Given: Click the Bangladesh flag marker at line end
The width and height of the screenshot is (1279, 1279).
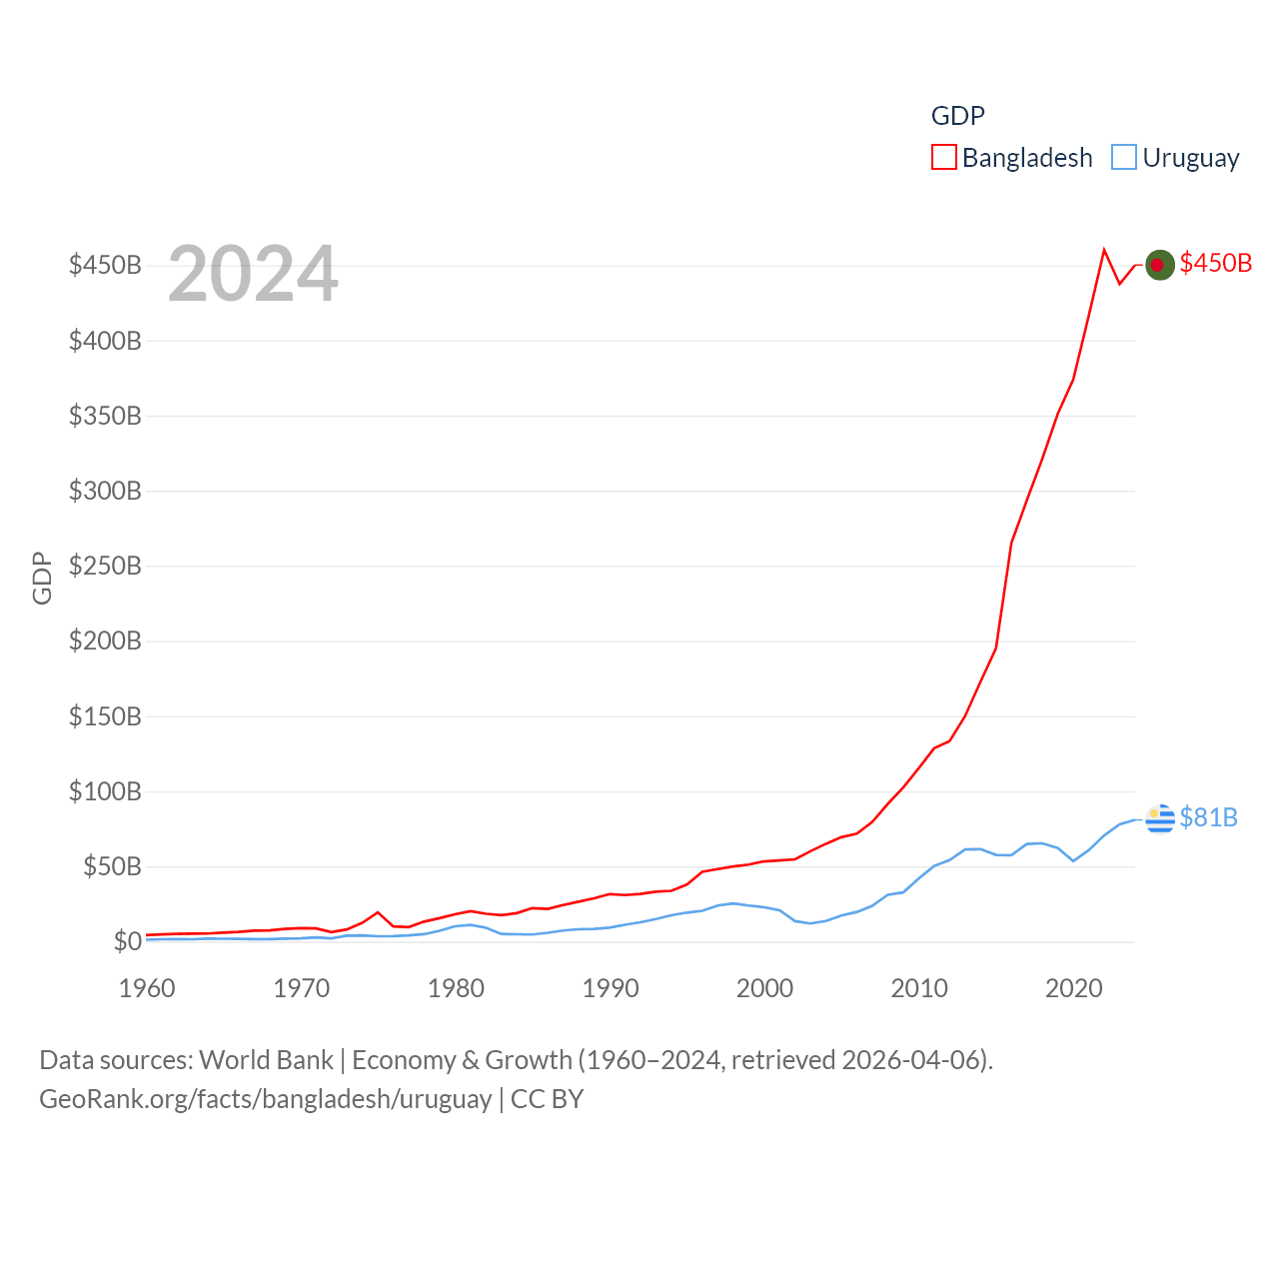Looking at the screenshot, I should coord(1159,265).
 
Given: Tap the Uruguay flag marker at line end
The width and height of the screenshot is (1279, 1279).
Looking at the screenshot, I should coord(1160,818).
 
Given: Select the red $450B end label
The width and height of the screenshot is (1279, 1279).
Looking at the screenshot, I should coord(1215,263).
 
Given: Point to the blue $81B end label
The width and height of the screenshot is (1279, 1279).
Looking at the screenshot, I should coord(1208,817).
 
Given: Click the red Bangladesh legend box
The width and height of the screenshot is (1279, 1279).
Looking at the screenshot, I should coord(944,158).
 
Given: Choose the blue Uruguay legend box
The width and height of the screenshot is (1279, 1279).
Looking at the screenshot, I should coord(1124,158).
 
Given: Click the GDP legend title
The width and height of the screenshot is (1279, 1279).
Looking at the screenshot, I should coord(957,116).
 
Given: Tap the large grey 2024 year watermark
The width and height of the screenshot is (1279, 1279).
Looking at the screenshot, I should coord(253,274).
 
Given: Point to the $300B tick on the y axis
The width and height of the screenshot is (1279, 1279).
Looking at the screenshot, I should coord(105,491).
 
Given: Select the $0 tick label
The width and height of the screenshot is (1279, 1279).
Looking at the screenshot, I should coord(127,941).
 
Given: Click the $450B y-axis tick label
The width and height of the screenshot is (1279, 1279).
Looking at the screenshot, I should coord(105,265).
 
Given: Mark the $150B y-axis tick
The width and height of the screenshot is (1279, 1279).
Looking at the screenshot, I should coord(105,716).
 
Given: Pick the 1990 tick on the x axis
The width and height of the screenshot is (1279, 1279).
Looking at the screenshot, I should coord(611,988).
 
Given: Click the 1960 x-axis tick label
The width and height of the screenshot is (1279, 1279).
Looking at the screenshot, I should coord(147,988).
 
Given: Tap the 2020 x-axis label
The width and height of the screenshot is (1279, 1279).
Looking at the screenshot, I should coord(1074,988).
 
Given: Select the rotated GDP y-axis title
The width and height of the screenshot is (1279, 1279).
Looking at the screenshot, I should coord(42,578).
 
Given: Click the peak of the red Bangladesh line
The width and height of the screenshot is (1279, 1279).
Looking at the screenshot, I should coord(1104,250).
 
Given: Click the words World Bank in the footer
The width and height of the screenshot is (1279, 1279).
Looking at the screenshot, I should coord(266,1059).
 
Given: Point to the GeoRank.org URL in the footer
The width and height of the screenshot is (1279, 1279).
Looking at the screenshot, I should coord(265,1099).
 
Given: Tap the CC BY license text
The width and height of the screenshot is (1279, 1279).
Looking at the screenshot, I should coord(547,1099).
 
